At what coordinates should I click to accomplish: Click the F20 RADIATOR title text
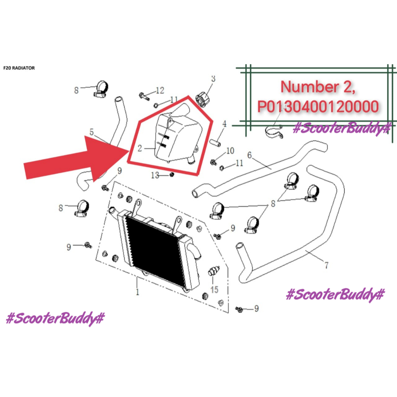click(19, 68)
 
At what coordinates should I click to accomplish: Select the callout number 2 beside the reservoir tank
click(140, 148)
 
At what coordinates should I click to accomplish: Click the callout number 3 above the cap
click(213, 79)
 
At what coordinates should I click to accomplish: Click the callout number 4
click(224, 124)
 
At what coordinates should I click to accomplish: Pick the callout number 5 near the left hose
click(91, 132)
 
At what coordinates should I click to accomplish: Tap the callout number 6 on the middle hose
click(249, 155)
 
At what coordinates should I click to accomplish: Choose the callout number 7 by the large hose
click(326, 266)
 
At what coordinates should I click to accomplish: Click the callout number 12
click(160, 91)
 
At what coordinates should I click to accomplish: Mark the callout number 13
click(155, 176)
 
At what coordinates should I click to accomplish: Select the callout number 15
click(214, 289)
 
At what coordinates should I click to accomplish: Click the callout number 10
click(230, 150)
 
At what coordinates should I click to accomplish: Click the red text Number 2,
click(318, 86)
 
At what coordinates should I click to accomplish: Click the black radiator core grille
click(155, 248)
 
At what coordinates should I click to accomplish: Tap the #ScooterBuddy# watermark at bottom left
click(55, 319)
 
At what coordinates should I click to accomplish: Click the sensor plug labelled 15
click(213, 271)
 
